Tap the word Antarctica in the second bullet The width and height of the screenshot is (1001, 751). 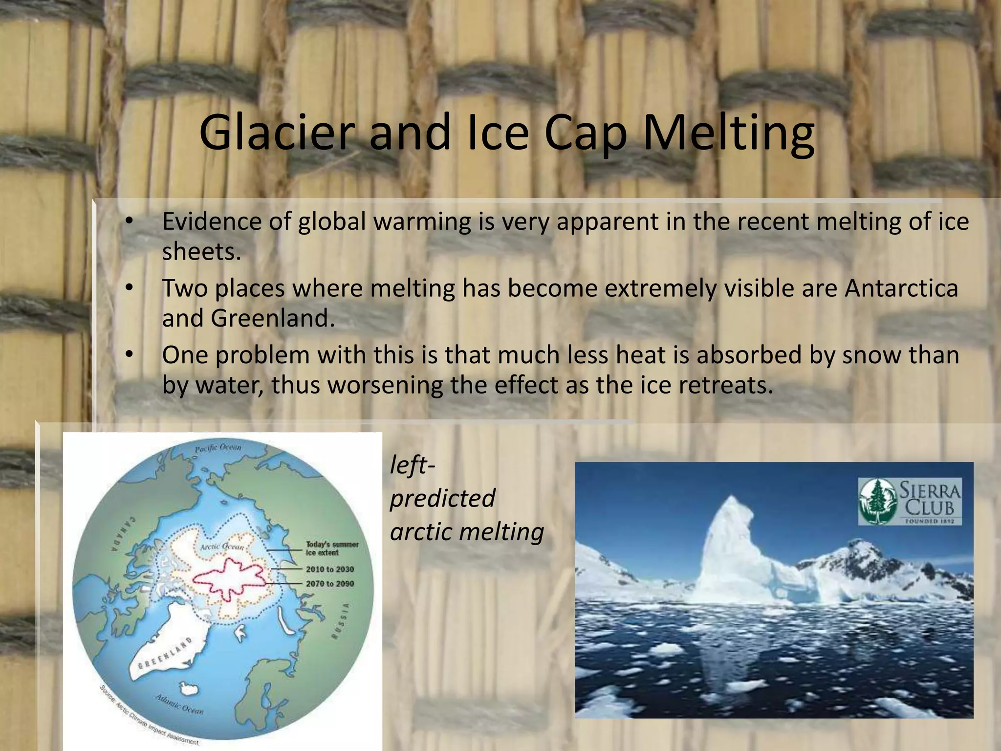(x=901, y=288)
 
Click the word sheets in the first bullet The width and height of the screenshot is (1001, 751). (x=201, y=252)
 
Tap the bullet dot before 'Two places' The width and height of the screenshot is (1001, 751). (x=129, y=287)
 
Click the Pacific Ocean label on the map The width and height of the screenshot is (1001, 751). (x=218, y=447)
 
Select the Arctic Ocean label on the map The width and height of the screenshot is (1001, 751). (x=221, y=547)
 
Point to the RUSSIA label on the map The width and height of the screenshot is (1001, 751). (x=341, y=621)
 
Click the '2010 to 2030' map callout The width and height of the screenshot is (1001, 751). (x=330, y=569)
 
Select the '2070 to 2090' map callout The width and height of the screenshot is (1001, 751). (x=330, y=583)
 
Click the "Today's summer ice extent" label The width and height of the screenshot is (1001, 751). (x=332, y=548)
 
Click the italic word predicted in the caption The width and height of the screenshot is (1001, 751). (x=442, y=498)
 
